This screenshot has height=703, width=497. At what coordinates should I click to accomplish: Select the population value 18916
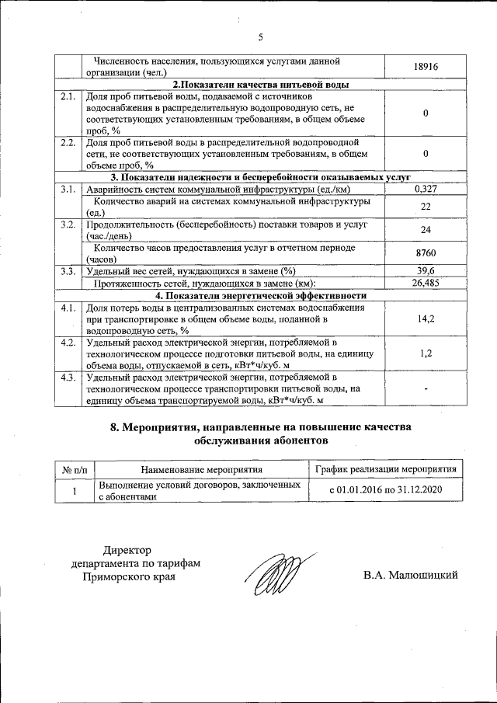[426, 68]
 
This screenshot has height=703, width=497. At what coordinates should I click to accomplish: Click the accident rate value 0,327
[426, 189]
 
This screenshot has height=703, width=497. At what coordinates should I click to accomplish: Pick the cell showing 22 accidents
[426, 207]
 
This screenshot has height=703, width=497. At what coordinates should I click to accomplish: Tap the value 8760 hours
[426, 253]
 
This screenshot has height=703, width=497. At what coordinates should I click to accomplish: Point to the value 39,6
[426, 270]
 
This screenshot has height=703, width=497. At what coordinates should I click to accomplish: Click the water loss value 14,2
[426, 318]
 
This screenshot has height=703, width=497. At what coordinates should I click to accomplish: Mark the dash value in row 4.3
[426, 388]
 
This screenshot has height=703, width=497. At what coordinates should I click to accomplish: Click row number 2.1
[68, 97]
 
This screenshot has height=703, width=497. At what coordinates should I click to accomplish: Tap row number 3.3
[68, 270]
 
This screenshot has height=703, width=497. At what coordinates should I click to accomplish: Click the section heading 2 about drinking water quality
[259, 85]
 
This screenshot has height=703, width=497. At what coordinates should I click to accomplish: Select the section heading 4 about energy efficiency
[259, 295]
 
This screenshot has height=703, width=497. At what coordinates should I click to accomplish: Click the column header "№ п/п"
[75, 468]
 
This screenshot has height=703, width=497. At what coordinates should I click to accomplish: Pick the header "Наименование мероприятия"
[201, 468]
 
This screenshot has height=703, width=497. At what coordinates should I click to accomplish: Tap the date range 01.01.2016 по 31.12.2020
[386, 490]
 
